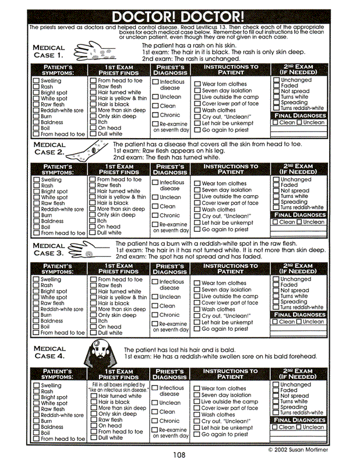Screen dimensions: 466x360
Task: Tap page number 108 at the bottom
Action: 179,455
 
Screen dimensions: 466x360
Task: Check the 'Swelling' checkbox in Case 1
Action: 36,81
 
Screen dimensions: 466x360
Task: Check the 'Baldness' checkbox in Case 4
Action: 36,427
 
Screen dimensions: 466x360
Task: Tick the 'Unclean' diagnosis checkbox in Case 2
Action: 156,197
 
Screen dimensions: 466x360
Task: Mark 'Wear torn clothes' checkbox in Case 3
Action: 197,283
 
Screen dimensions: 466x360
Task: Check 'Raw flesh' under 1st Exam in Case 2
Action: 93,186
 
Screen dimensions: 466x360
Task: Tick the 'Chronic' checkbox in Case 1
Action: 156,115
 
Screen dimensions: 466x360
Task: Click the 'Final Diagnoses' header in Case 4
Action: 300,420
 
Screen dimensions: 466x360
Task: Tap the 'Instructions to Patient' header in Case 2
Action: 230,169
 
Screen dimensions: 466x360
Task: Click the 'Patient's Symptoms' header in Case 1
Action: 57,70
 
